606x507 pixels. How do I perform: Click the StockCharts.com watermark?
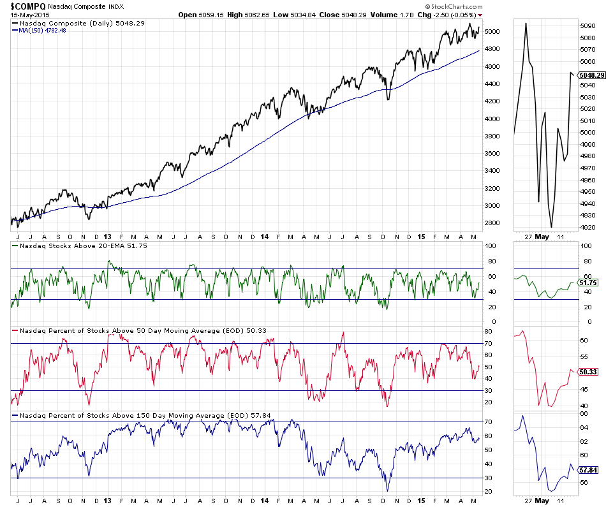[x=452, y=6]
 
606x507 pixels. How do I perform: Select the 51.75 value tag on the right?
[x=589, y=282]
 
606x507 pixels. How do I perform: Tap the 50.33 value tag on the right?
[x=589, y=372]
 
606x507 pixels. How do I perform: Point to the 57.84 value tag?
[x=589, y=469]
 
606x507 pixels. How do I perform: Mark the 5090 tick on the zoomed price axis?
[x=588, y=26]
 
